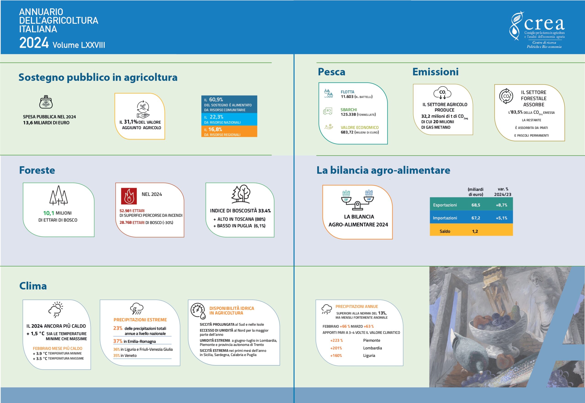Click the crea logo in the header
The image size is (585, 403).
click(537, 30)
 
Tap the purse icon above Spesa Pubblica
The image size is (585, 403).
click(46, 102)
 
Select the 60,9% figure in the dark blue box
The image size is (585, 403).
click(216, 100)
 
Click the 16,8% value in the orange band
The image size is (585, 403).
click(215, 129)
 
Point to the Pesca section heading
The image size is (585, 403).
click(331, 72)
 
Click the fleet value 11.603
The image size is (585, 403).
click(347, 97)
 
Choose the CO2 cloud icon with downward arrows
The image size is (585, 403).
click(442, 93)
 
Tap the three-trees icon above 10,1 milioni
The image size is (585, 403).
click(58, 195)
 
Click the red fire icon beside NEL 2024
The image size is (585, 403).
click(129, 196)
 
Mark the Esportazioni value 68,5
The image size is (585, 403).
click(476, 205)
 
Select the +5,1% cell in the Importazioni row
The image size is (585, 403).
click(501, 218)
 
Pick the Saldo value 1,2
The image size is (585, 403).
click(475, 231)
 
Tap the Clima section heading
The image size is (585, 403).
click(33, 286)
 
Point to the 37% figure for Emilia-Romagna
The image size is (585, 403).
click(118, 341)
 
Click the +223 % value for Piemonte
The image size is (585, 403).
click(336, 340)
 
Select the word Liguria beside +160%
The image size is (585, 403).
click(369, 356)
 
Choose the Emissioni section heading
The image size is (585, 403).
click(436, 72)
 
